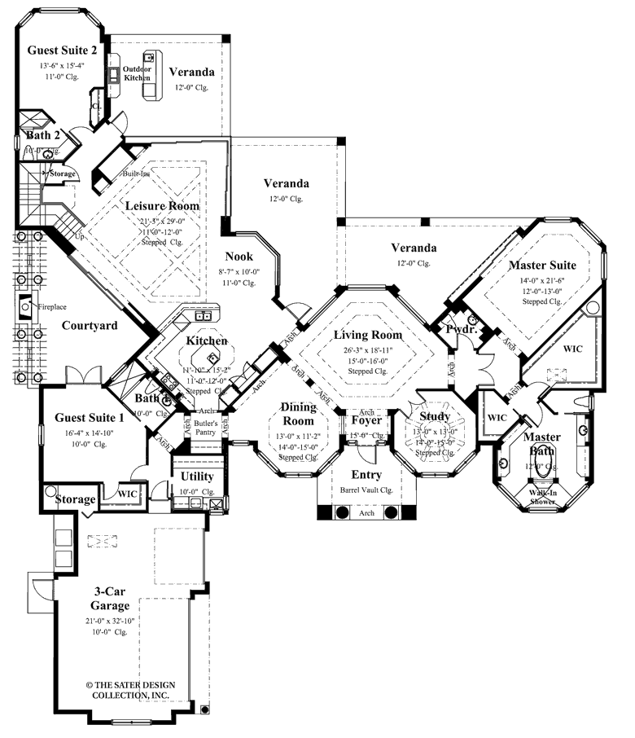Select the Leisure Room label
[x=162, y=206]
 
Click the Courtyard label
[x=90, y=326]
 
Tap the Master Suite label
[x=542, y=265]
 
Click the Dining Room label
[x=298, y=413]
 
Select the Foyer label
[x=366, y=421]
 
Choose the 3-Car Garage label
[x=110, y=599]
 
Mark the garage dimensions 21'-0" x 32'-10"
[x=110, y=622]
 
